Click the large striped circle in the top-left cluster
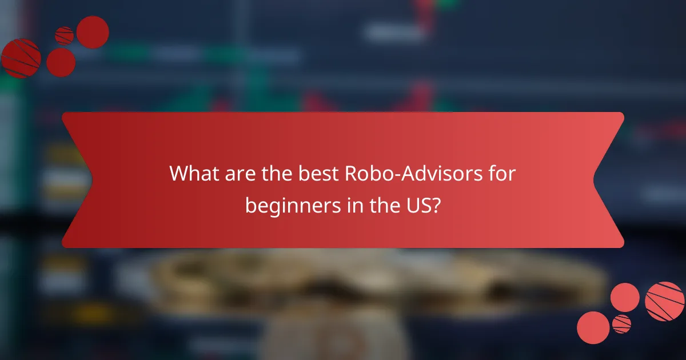[21, 58]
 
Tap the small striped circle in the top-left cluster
[64, 35]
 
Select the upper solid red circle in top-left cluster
[93, 32]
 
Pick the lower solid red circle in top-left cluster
[61, 62]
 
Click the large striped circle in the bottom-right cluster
[664, 301]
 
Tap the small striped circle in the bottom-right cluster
[621, 324]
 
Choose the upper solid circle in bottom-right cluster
[625, 297]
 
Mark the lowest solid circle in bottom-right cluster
[593, 327]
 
